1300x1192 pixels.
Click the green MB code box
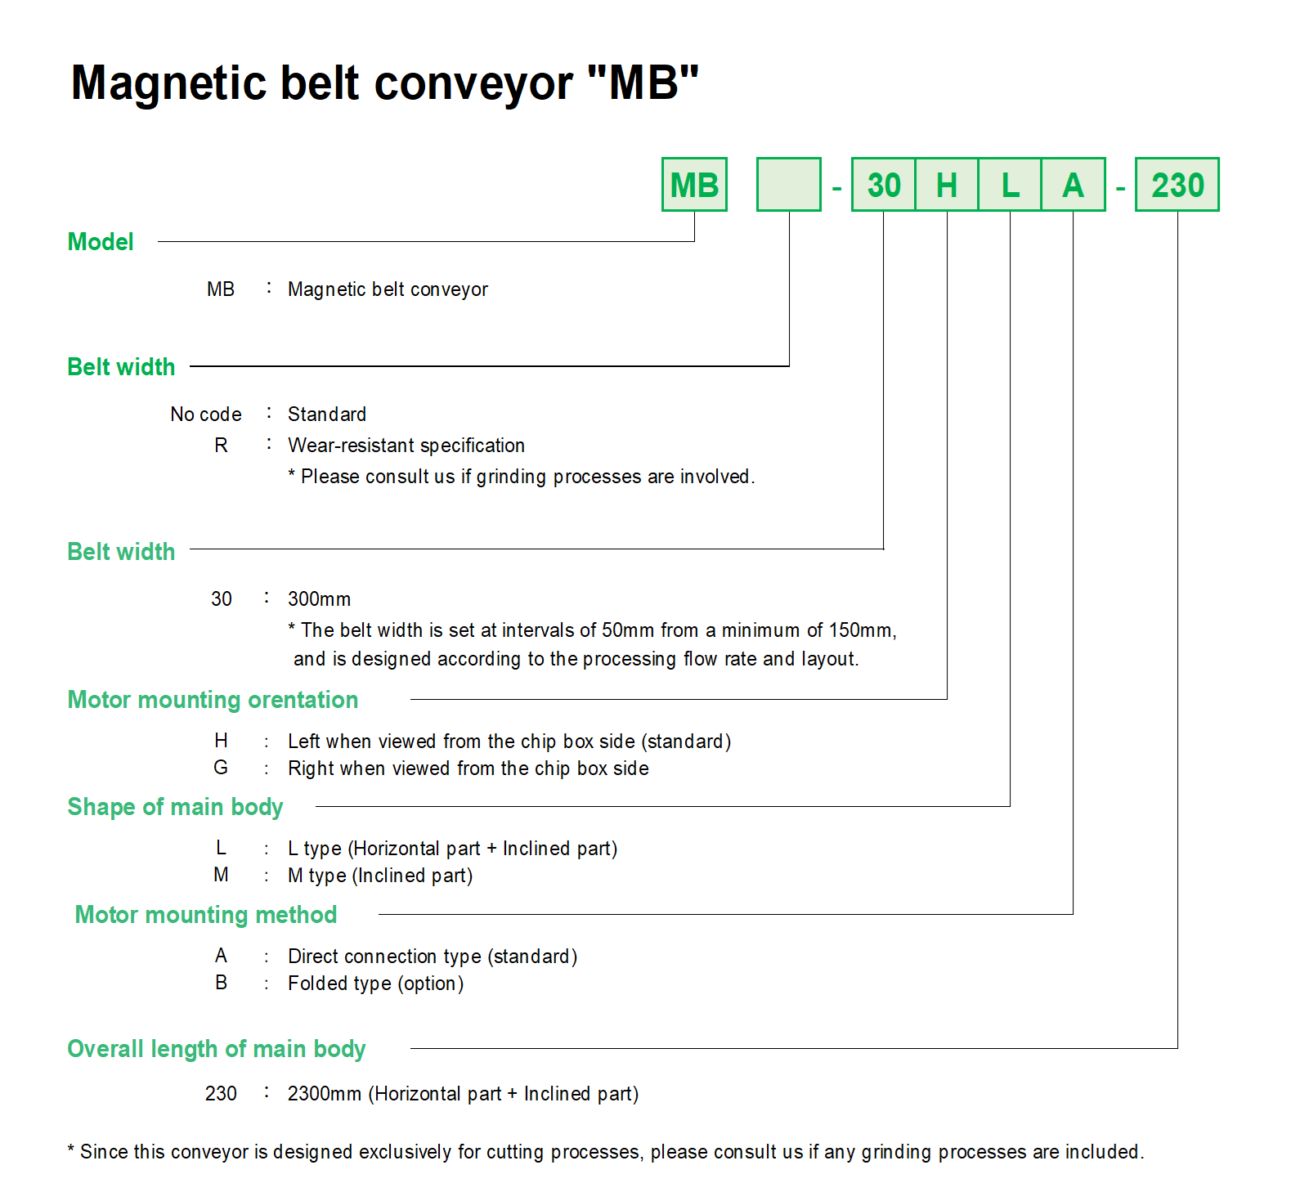tap(694, 185)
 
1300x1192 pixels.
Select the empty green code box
tap(788, 185)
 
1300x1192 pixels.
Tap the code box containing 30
tap(883, 185)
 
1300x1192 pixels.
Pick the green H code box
tap(947, 185)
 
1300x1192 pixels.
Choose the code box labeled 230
tap(1177, 185)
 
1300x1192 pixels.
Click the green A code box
tap(1073, 185)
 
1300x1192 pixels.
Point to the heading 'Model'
tap(101, 242)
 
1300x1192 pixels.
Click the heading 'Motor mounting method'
tap(206, 915)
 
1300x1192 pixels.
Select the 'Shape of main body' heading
tap(175, 807)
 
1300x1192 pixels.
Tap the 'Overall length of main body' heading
tap(217, 1049)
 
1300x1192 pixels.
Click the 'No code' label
tap(206, 415)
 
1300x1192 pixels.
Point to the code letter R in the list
tap(221, 446)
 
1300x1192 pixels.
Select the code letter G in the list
tap(221, 768)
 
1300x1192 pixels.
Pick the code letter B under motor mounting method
tap(221, 983)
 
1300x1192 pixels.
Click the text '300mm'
tap(319, 599)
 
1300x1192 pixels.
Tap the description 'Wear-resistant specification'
tap(406, 446)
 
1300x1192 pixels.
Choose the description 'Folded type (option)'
tap(375, 984)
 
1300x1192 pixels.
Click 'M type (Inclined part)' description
tap(380, 876)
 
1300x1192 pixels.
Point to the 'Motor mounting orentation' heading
tap(213, 700)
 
